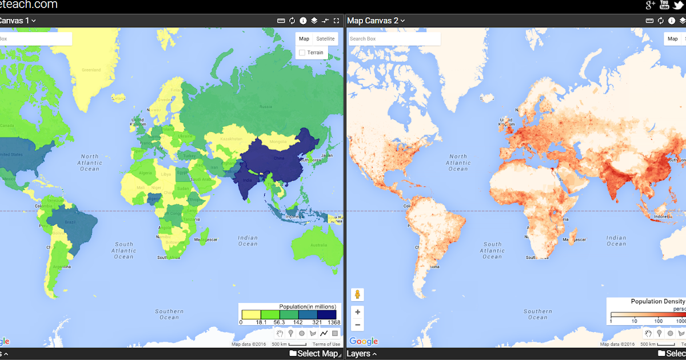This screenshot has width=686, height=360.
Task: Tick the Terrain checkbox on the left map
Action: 302,53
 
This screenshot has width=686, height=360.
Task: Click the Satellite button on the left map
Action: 326,39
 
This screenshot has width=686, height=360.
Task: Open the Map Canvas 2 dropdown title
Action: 376,21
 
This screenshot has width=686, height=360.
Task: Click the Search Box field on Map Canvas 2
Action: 394,39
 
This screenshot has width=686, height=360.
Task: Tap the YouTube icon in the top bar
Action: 664,5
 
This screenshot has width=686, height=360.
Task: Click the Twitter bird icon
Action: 679,5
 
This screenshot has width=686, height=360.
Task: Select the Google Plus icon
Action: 650,5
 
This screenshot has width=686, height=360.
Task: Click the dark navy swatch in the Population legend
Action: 326,314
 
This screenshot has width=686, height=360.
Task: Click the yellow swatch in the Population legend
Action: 251,314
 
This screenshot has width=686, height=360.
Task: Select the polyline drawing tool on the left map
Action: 324,333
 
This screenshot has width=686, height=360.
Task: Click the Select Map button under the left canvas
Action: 314,354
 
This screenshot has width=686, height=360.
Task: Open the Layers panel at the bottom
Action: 361,354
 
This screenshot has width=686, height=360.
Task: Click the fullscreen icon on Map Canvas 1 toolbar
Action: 337,21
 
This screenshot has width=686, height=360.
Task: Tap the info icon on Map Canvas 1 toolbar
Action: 303,21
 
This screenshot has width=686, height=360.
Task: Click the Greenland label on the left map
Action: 91,70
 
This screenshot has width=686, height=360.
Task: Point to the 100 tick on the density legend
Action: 659,322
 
